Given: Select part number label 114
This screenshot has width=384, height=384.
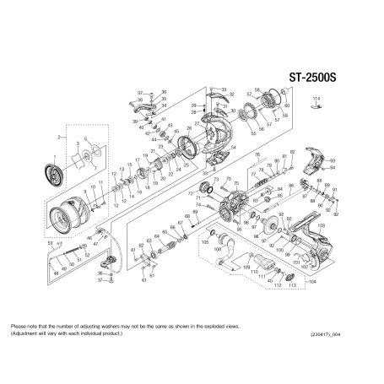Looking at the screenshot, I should [316, 100].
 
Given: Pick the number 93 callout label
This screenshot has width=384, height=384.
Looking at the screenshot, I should [333, 160].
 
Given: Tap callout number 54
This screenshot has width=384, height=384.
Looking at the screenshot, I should [233, 147].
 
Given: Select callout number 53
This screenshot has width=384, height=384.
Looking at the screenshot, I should [52, 242].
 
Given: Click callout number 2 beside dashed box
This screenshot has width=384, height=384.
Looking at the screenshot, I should [58, 136].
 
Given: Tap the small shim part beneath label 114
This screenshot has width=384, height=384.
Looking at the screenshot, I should [315, 109].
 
